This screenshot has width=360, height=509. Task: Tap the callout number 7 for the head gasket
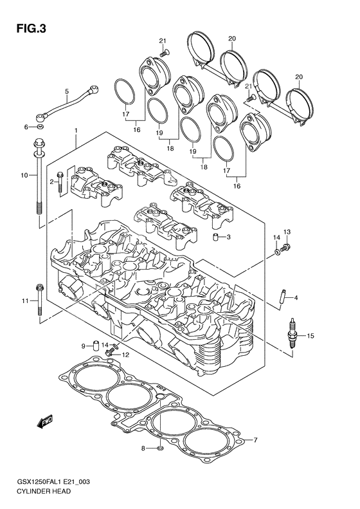[255, 440]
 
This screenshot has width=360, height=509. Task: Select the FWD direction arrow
[44, 422]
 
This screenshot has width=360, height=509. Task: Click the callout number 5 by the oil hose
[66, 92]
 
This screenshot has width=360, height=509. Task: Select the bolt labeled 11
[40, 301]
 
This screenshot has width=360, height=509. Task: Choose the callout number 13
[287, 232]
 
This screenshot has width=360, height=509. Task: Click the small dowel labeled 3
[217, 238]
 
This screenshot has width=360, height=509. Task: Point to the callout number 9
[83, 346]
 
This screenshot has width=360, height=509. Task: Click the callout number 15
[310, 336]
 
